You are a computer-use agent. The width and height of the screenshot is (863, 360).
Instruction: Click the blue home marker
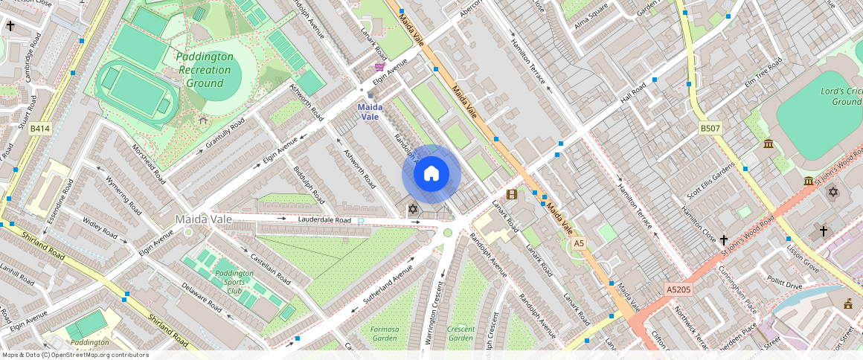coord(431,174)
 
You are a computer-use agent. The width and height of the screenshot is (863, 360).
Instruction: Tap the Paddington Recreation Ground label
coord(205,70)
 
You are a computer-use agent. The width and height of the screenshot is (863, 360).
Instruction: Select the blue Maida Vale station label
coord(369,112)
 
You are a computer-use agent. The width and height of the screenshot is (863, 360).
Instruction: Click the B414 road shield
coord(39,129)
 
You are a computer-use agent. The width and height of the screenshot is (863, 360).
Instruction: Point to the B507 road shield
coord(710,129)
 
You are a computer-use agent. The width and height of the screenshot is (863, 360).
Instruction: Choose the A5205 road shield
coord(678,289)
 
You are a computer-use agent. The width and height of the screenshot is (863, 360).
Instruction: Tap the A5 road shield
coord(579,243)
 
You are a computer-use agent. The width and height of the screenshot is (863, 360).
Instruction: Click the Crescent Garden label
coord(461,333)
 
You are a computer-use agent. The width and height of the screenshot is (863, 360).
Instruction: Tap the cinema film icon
coord(511,195)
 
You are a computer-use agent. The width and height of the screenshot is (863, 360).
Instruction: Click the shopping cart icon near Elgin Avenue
coord(379,67)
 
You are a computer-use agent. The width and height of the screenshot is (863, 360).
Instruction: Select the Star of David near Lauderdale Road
coord(413,209)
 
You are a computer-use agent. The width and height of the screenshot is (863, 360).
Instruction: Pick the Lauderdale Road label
coord(324,220)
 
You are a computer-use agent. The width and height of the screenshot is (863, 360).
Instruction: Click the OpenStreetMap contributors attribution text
coord(74,355)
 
